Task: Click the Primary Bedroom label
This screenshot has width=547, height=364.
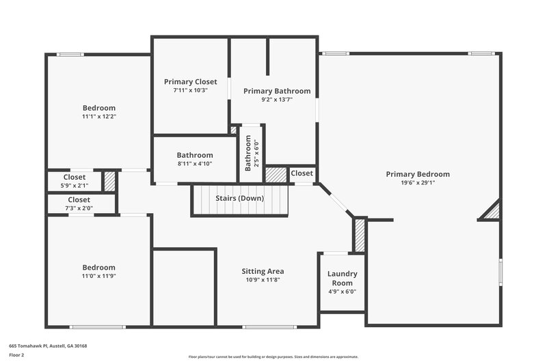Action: click(417, 174)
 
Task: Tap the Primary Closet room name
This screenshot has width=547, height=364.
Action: click(190, 81)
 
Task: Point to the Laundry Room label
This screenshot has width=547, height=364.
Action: click(342, 278)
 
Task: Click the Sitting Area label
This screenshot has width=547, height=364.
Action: click(263, 271)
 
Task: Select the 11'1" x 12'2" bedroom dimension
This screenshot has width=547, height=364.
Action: click(99, 116)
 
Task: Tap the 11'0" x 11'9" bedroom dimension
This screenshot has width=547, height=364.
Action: click(99, 276)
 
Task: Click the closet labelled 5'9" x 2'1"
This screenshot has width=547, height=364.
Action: click(75, 181)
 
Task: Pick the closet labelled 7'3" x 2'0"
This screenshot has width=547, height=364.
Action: click(79, 204)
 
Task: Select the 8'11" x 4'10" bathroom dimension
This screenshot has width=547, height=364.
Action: click(195, 163)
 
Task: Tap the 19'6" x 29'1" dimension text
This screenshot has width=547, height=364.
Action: click(417, 182)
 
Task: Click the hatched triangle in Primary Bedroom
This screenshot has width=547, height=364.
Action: click(492, 212)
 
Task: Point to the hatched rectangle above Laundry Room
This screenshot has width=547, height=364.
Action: click(360, 235)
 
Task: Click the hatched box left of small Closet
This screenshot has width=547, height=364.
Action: click(276, 174)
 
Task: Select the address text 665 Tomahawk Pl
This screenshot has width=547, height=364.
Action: click(48, 346)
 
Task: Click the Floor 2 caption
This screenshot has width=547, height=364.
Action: click(17, 355)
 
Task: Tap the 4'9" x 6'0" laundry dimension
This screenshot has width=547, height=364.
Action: click(342, 292)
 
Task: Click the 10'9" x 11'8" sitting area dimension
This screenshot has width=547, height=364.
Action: click(263, 279)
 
